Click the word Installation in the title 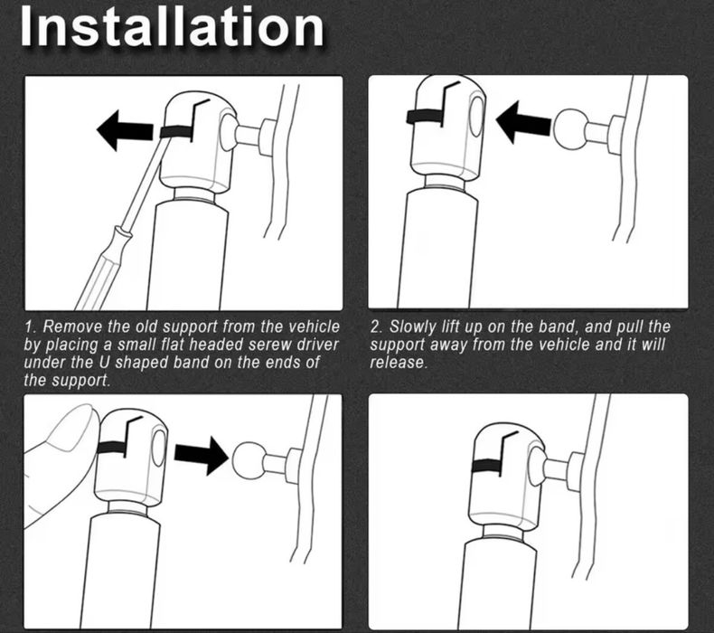(x=172, y=26)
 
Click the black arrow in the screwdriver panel (x=126, y=131)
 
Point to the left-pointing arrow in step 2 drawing (x=523, y=122)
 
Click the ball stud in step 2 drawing (x=570, y=129)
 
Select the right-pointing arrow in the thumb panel (x=201, y=456)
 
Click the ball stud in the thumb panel (x=249, y=459)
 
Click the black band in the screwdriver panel (x=177, y=132)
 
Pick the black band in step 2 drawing (x=425, y=118)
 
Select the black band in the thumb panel (x=112, y=448)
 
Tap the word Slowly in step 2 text (x=413, y=327)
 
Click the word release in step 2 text (x=399, y=363)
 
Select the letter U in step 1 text (x=103, y=363)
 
